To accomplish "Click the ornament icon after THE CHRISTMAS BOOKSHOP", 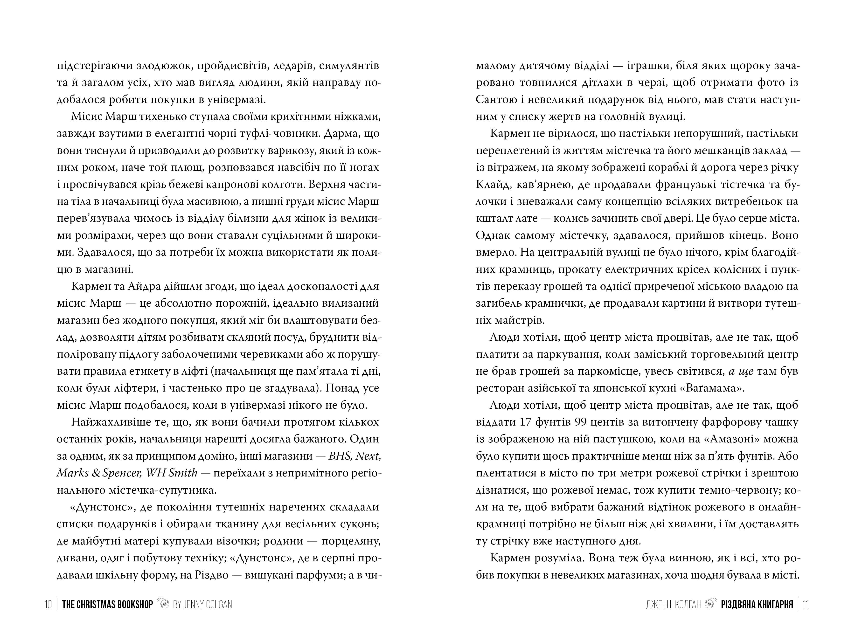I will click(x=164, y=604).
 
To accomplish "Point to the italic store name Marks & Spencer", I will click(x=101, y=473).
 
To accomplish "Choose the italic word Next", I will click(x=368, y=456).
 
